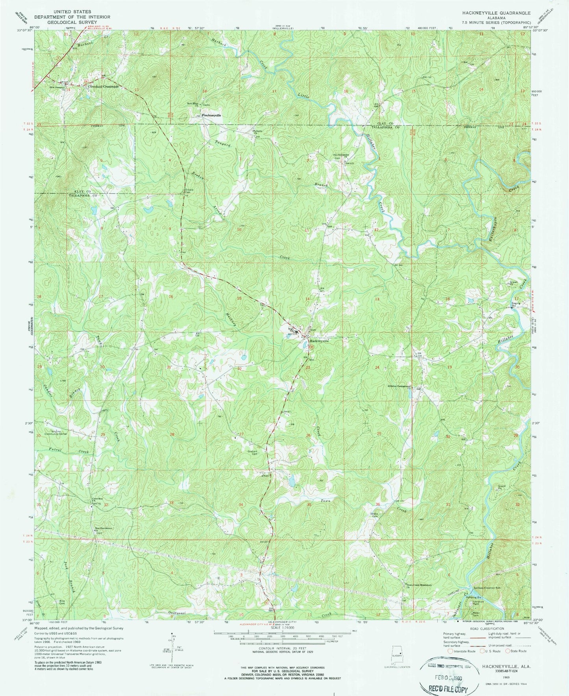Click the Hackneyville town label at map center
tap(319, 341)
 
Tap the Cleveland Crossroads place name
tap(103, 87)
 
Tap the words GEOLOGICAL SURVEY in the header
tap(72, 22)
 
